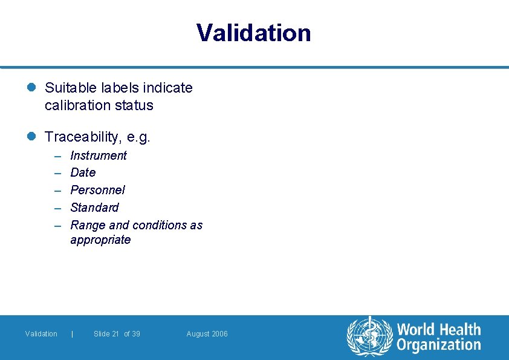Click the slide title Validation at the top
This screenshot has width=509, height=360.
254,33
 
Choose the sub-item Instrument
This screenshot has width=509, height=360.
99,155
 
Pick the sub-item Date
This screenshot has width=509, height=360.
83,172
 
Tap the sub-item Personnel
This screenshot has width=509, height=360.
97,190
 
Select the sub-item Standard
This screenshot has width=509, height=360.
94,208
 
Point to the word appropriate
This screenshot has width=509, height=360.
100,240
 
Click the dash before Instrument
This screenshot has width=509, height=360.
58,156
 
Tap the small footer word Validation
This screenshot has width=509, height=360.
41,334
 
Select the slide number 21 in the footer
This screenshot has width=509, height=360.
115,334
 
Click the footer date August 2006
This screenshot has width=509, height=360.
207,334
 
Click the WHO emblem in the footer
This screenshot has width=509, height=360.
369,336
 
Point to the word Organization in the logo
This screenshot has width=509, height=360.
439,345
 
